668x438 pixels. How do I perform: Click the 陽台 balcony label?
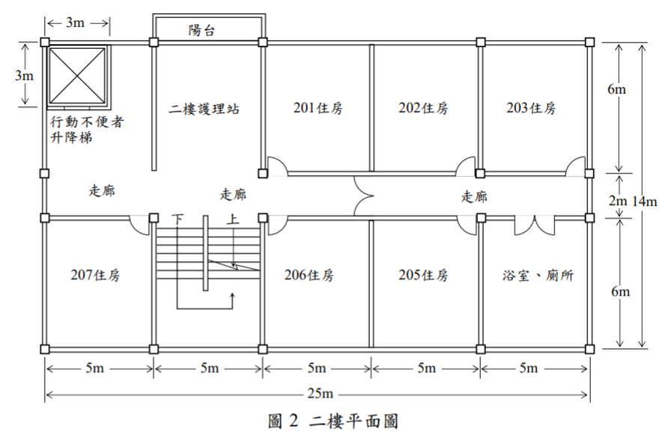(x=201, y=30)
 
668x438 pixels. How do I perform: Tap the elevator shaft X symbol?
(x=76, y=76)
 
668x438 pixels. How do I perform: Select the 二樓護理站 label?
(x=204, y=109)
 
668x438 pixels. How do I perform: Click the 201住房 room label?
(x=318, y=108)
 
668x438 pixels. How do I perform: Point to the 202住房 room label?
(x=423, y=108)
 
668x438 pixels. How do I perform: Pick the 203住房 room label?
(x=531, y=108)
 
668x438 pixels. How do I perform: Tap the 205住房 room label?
(x=423, y=275)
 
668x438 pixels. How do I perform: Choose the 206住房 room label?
(x=309, y=275)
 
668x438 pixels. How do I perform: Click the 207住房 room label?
(x=95, y=275)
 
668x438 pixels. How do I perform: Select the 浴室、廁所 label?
(x=538, y=276)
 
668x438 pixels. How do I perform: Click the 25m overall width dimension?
(x=320, y=394)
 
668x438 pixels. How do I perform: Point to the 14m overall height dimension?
(x=644, y=201)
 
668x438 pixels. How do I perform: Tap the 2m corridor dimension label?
(x=618, y=200)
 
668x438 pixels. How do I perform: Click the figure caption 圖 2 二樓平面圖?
(x=333, y=421)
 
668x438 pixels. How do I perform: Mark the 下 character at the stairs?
(x=177, y=219)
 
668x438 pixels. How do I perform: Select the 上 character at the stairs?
(x=233, y=219)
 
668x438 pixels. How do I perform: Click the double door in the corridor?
(x=362, y=196)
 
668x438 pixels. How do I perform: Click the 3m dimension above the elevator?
(x=75, y=22)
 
